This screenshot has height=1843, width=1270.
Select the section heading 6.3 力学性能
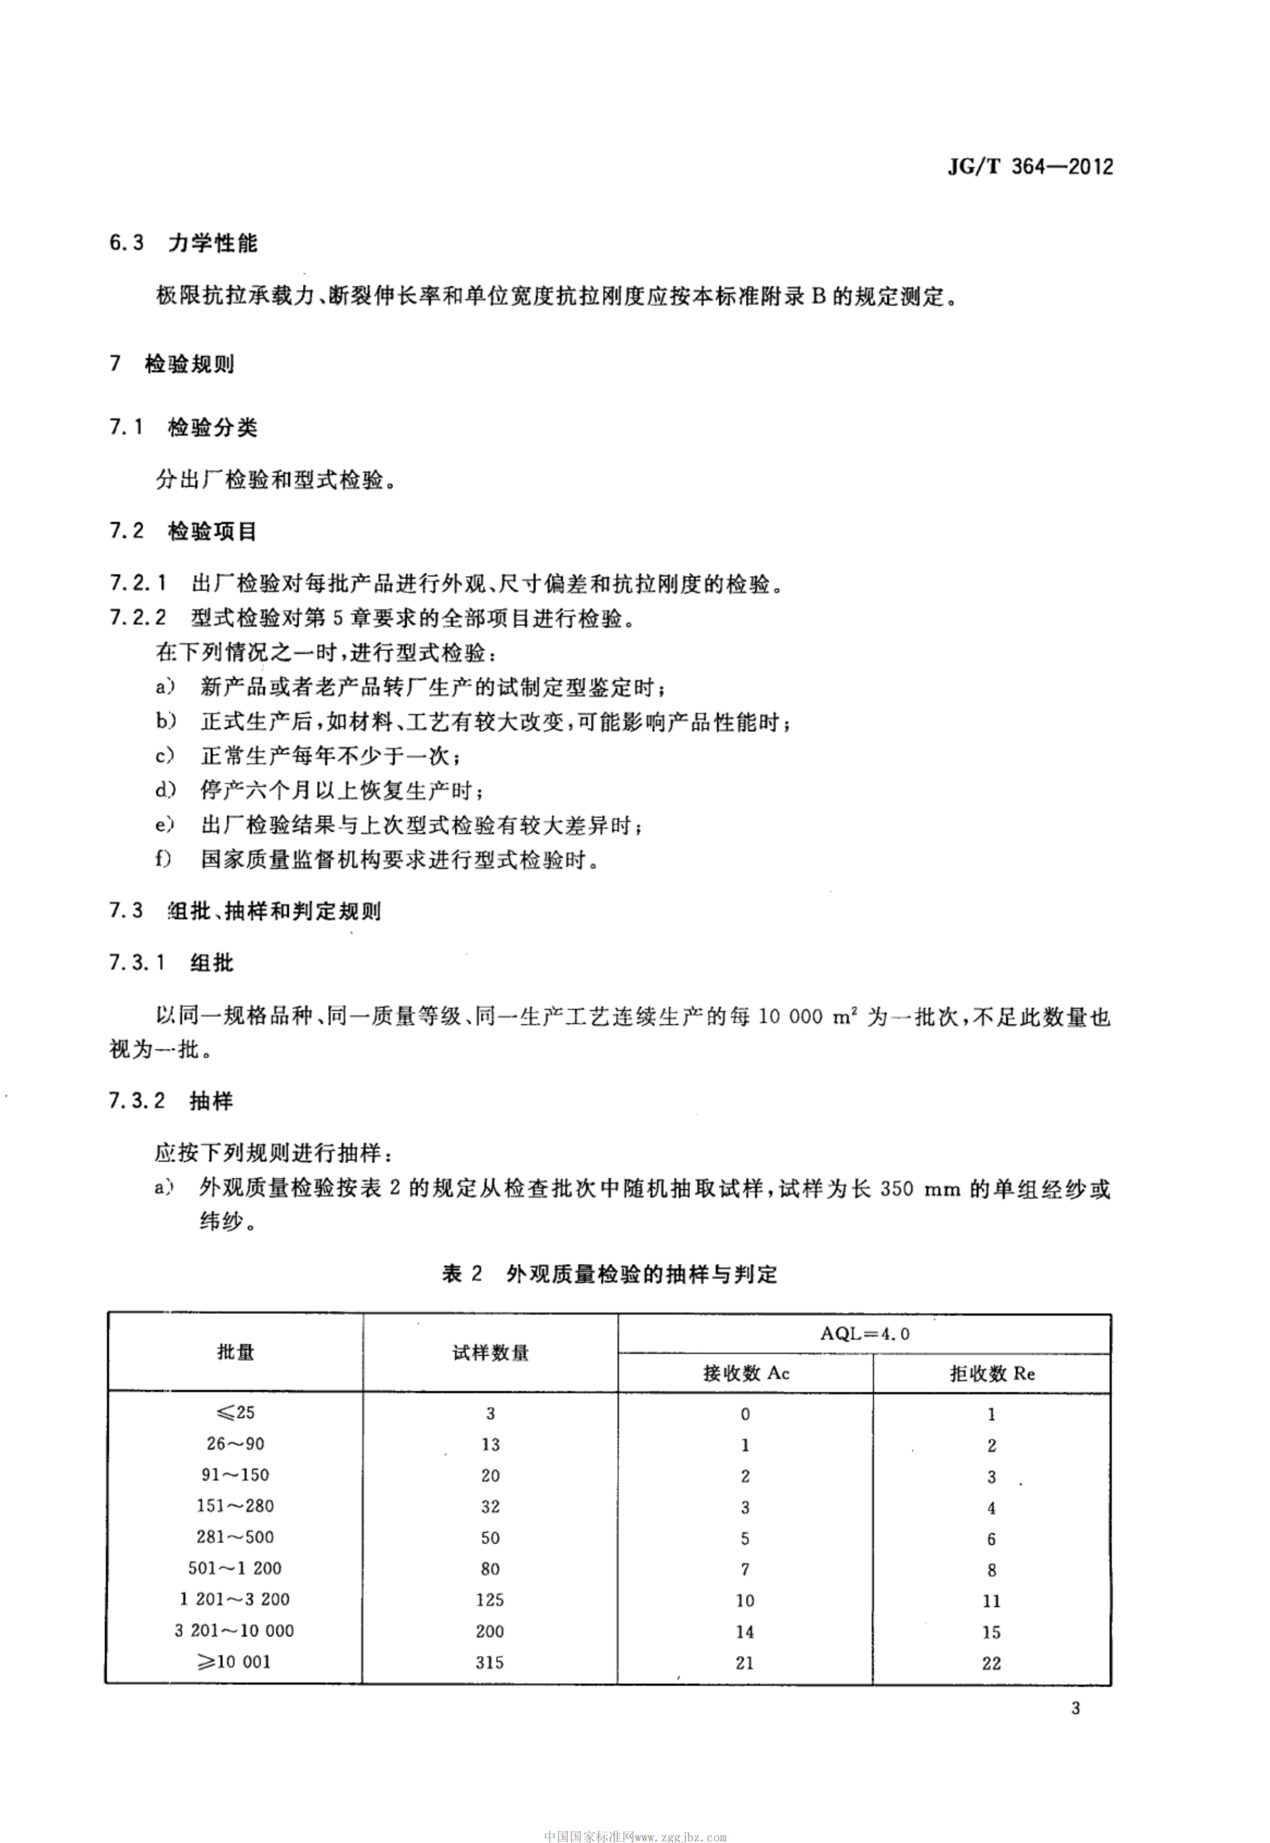[x=183, y=243]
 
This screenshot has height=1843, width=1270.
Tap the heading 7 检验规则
[x=172, y=364]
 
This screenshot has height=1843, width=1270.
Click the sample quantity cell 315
[x=490, y=1662]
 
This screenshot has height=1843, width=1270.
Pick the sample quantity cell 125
[x=490, y=1599]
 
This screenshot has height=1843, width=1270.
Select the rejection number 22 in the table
[x=992, y=1662]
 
